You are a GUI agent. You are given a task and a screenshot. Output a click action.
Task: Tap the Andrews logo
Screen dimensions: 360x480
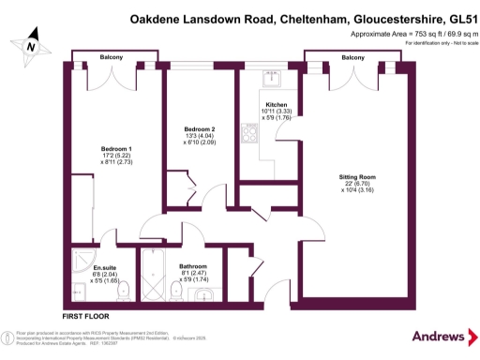[x=433, y=337]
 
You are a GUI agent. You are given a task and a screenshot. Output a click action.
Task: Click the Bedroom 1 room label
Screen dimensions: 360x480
[x=116, y=148]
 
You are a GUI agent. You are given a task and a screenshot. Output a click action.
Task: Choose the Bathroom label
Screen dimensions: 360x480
[x=194, y=266]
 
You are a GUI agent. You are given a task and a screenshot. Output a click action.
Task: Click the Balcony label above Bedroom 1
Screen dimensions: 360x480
[x=112, y=58]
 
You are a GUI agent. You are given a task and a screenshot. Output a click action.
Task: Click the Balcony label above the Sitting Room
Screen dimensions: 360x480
[x=353, y=58]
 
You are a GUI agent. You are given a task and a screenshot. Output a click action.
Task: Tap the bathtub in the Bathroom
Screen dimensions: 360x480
[x=155, y=273]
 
